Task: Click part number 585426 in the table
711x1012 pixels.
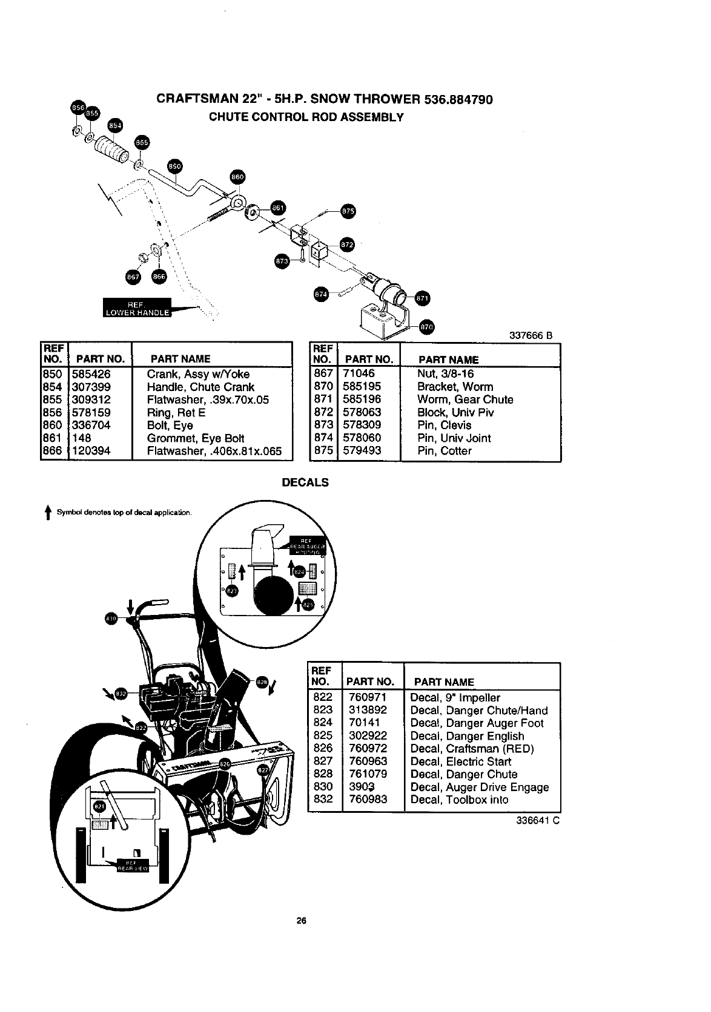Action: (91, 374)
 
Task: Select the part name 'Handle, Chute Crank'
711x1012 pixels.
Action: (200, 387)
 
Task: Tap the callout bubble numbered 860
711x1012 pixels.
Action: (237, 177)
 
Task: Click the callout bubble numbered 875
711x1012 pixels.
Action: (348, 211)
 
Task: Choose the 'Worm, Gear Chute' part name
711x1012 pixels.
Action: (465, 399)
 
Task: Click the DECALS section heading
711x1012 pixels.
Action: (306, 482)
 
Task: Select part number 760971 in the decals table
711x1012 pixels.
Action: (368, 697)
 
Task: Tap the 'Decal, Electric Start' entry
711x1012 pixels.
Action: (460, 761)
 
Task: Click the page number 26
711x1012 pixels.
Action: (301, 921)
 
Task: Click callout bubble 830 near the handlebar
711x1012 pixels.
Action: (110, 619)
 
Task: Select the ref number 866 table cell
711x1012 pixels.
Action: (53, 451)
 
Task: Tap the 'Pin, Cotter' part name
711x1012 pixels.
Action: (444, 451)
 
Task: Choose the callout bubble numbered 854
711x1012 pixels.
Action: (114, 125)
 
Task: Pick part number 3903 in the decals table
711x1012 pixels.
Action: (362, 787)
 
